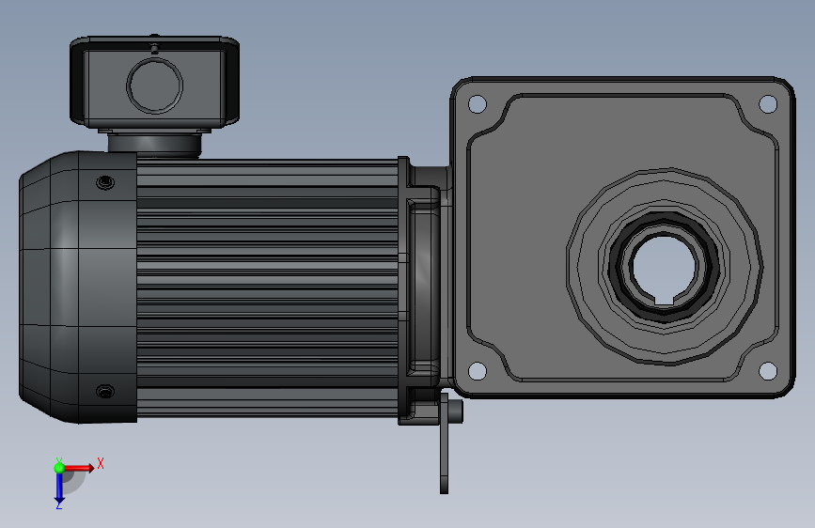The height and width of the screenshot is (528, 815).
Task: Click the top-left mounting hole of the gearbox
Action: pyautogui.click(x=478, y=104)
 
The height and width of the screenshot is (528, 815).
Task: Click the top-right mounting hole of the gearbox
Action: pyautogui.click(x=768, y=104)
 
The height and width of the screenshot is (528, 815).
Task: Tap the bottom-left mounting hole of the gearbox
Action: pyautogui.click(x=478, y=370)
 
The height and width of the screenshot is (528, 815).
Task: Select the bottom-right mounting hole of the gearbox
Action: pyautogui.click(x=768, y=370)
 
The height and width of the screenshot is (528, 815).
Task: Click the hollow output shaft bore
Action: pyautogui.click(x=664, y=265)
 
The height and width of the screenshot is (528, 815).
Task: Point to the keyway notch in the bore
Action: pyautogui.click(x=664, y=300)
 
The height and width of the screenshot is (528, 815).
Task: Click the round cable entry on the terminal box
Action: pyautogui.click(x=154, y=85)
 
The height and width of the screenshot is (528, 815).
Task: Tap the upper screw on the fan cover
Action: pyautogui.click(x=105, y=182)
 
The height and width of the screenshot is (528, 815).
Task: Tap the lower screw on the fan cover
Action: pyautogui.click(x=105, y=392)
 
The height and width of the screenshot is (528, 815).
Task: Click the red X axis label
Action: pyautogui.click(x=101, y=463)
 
